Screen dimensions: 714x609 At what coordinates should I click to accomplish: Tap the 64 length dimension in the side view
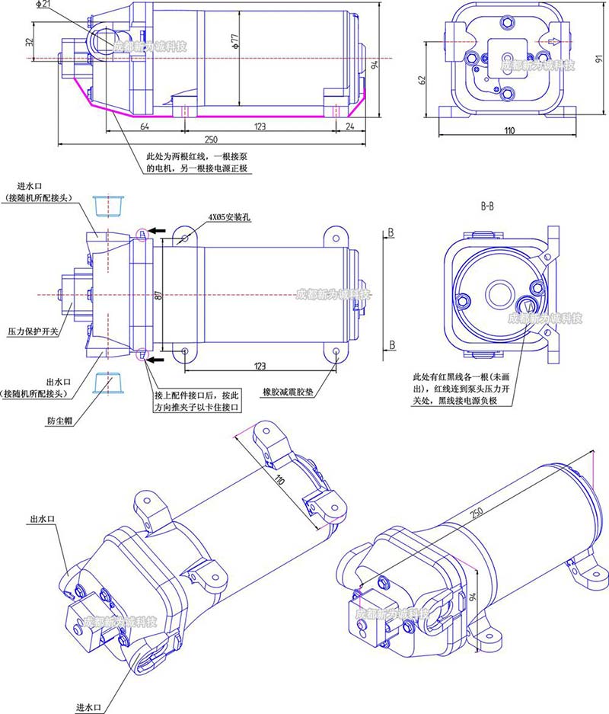point(145,126)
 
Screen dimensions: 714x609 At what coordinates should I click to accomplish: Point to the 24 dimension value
point(349,126)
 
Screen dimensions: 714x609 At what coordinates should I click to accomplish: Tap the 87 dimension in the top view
point(158,296)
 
